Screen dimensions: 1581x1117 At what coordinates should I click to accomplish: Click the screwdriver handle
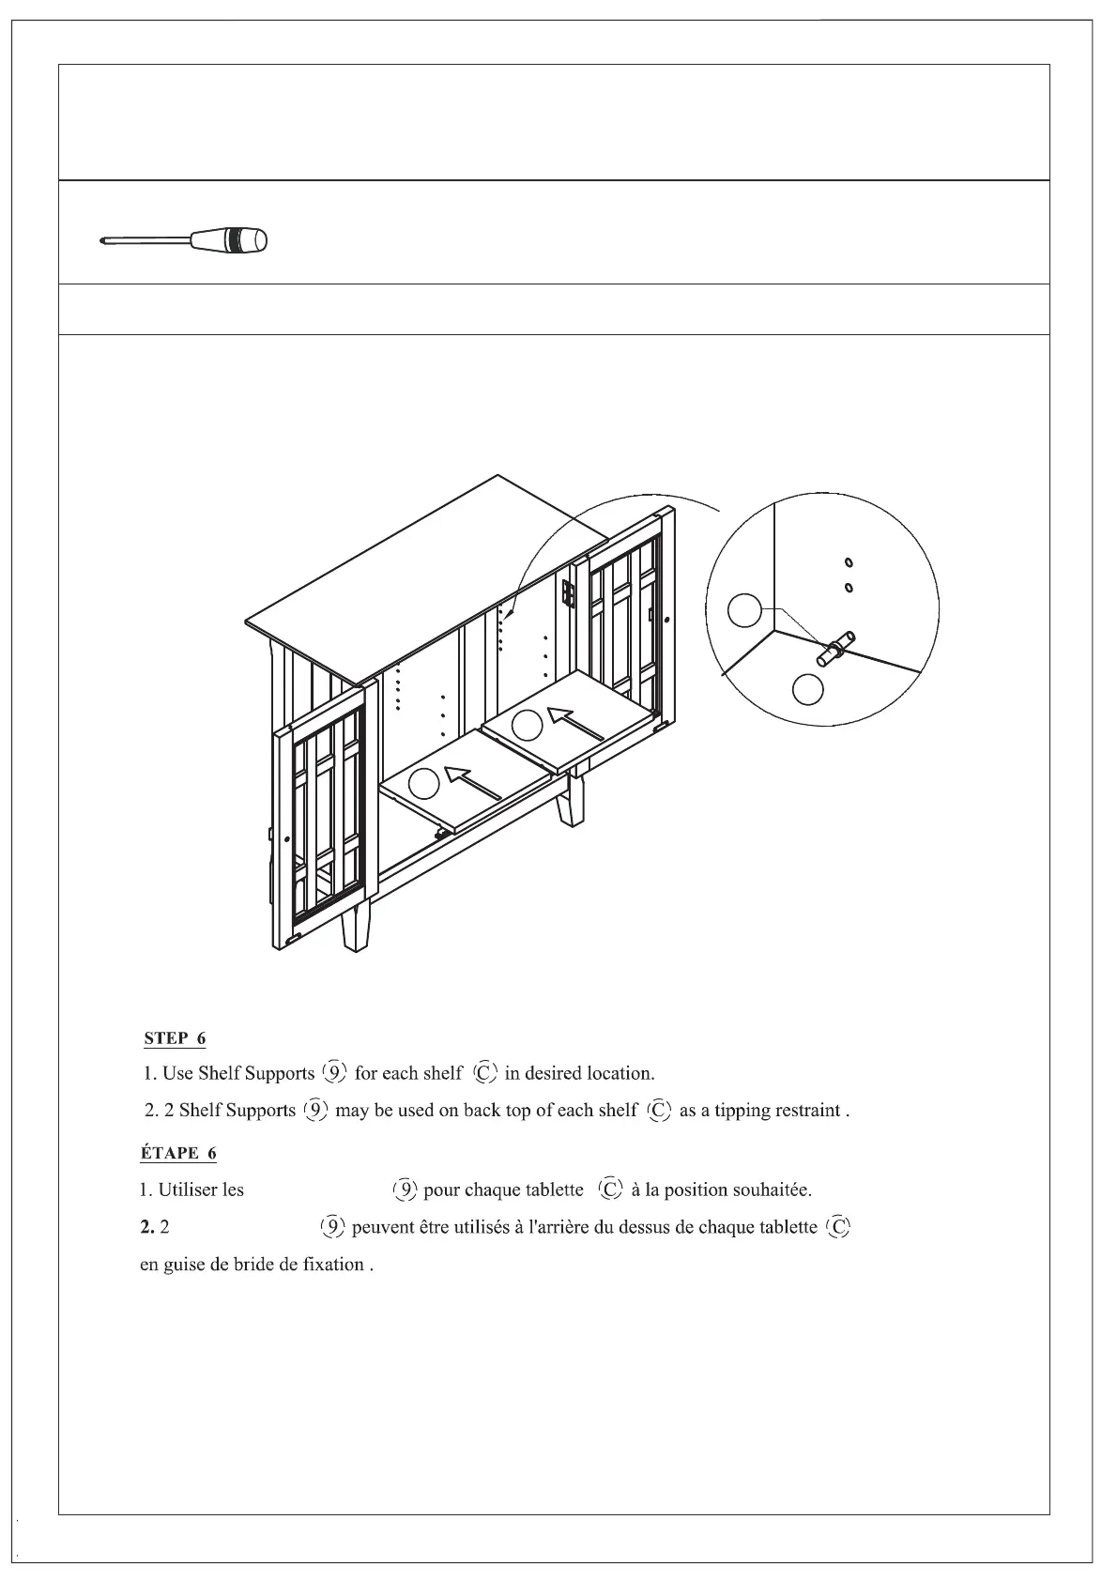tap(231, 240)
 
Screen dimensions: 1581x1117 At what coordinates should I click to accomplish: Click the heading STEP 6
tap(175, 1038)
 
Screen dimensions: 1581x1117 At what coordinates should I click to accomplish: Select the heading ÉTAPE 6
tap(178, 1153)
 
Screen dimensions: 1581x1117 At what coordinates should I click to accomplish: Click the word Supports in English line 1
tap(280, 1073)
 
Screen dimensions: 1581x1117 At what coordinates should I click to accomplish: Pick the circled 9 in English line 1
tap(334, 1072)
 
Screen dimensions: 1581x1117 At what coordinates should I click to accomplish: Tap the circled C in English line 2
tap(660, 1110)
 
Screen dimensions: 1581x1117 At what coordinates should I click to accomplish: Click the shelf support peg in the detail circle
tap(834, 649)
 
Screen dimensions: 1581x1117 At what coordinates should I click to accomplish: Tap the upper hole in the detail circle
tap(848, 563)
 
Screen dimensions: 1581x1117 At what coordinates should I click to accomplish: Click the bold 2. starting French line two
tap(146, 1228)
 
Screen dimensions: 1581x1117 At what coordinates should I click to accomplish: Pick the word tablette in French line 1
tap(555, 1190)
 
